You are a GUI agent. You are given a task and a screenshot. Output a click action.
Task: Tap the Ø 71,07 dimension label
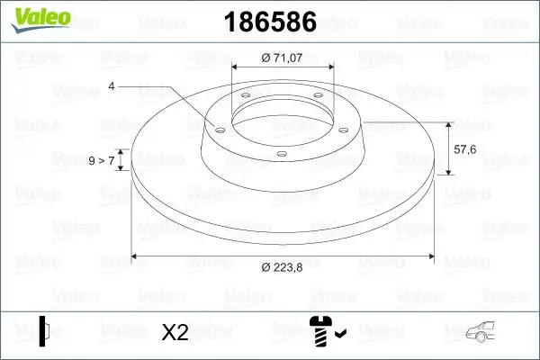(x=283, y=57)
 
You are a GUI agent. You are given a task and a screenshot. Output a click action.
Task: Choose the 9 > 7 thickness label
(x=101, y=160)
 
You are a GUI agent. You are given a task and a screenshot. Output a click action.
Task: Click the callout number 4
(x=112, y=85)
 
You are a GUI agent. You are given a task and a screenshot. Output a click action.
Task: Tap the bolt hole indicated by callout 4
(x=217, y=129)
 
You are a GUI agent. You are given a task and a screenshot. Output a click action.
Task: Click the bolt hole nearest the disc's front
(x=281, y=154)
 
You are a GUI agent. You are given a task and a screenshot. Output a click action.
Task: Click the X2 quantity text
(x=175, y=332)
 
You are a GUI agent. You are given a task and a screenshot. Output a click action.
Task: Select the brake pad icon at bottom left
(x=45, y=331)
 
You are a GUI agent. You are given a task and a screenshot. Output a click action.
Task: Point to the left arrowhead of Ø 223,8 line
(x=137, y=256)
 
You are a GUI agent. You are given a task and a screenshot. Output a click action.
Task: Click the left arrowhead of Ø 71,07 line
(x=237, y=67)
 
